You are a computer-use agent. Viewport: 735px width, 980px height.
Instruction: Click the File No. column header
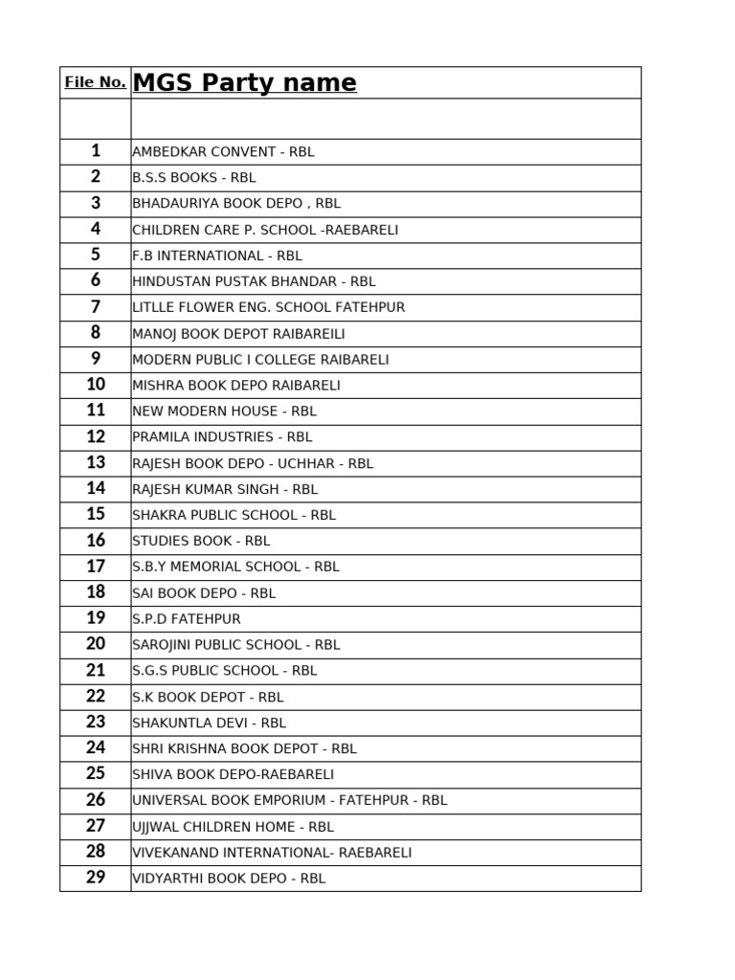tap(95, 82)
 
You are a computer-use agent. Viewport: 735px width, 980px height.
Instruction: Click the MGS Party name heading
tap(244, 83)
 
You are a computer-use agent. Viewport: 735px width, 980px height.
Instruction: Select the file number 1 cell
tap(96, 151)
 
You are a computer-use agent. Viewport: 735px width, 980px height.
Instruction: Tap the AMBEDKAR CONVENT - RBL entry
tap(223, 152)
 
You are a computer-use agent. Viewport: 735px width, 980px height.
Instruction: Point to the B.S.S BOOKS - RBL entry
tap(194, 178)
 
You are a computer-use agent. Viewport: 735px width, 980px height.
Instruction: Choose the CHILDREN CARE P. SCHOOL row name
tap(265, 230)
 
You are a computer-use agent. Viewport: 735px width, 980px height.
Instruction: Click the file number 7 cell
tap(96, 307)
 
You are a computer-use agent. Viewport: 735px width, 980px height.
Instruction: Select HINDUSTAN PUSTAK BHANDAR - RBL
tap(254, 281)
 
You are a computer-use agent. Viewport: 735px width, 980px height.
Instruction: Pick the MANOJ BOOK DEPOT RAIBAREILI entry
tap(238, 334)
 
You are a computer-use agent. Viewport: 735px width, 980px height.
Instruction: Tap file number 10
tap(96, 385)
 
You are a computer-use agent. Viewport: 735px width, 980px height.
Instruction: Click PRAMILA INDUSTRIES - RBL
tap(222, 437)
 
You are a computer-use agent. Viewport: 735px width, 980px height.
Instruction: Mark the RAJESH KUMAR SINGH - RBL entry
tap(225, 489)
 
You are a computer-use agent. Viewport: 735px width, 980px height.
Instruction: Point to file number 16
tap(96, 541)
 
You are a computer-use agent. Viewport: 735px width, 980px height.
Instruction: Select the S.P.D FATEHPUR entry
tap(187, 619)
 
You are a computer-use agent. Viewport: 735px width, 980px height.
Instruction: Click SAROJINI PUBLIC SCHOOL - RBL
tap(236, 645)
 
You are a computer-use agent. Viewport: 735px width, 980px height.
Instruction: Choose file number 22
tap(96, 697)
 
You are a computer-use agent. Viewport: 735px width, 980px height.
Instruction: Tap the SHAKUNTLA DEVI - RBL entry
tap(210, 724)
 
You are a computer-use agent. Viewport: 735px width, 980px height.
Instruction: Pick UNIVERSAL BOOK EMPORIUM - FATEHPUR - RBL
tap(290, 800)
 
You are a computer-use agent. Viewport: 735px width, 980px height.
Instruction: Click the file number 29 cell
tap(96, 878)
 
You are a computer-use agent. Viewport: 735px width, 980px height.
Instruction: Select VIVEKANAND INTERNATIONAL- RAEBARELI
tap(272, 853)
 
